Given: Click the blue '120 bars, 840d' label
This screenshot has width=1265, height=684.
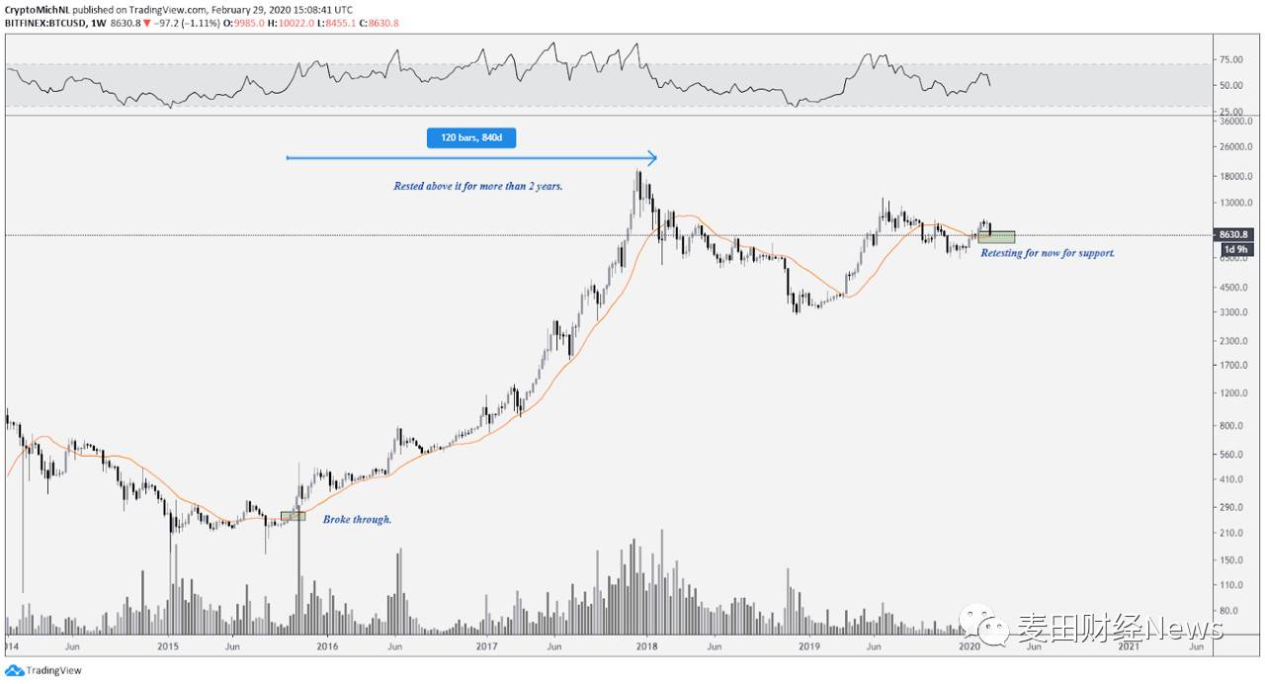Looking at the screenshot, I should pyautogui.click(x=471, y=137).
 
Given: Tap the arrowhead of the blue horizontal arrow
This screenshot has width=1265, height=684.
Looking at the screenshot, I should pyautogui.click(x=652, y=157).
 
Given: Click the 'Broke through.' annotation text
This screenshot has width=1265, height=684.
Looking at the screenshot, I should pyautogui.click(x=357, y=519).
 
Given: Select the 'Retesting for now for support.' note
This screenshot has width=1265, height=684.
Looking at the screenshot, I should pyautogui.click(x=1048, y=253).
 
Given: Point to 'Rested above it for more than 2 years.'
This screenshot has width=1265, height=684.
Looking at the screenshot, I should pyautogui.click(x=478, y=186).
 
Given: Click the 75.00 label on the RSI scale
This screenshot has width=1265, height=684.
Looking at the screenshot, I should pyautogui.click(x=1231, y=60).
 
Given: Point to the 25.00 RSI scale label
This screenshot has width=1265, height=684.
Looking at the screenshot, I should pyautogui.click(x=1231, y=112).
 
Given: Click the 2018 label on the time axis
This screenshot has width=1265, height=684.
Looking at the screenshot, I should pyautogui.click(x=646, y=647).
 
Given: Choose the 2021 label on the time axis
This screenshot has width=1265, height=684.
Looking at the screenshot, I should pyautogui.click(x=1128, y=647).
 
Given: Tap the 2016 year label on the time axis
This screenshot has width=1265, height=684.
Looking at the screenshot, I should pyautogui.click(x=327, y=647).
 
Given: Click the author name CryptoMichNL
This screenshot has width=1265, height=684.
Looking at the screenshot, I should pyautogui.click(x=38, y=10).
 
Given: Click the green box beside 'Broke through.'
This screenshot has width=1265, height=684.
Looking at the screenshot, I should pyautogui.click(x=293, y=516).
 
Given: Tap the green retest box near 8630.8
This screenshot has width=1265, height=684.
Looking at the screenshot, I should pyautogui.click(x=996, y=237).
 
